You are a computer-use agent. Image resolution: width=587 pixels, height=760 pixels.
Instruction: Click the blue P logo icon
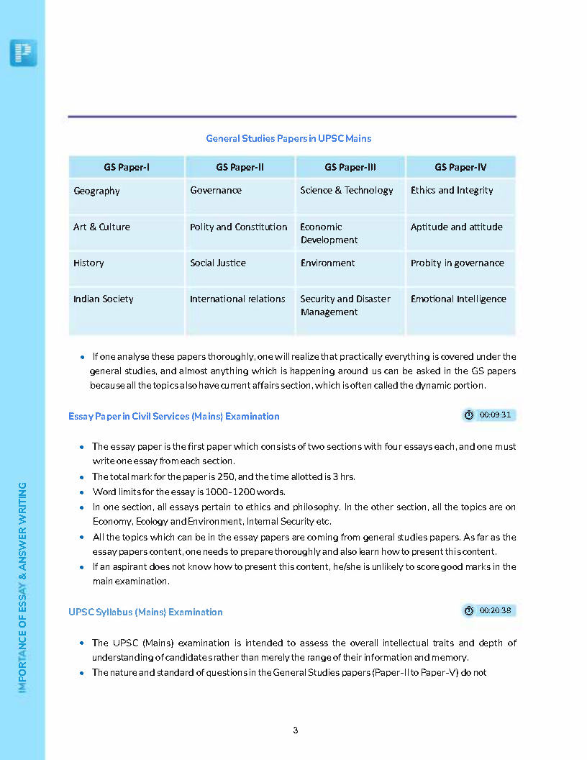coord(23,53)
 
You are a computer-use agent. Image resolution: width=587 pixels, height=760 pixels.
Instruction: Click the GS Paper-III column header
coord(350,168)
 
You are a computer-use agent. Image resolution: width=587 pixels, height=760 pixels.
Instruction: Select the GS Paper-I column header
coord(127,168)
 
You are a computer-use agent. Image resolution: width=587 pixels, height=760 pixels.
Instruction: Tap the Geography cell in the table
coord(96,191)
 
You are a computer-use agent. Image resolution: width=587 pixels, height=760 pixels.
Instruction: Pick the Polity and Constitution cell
coord(238,227)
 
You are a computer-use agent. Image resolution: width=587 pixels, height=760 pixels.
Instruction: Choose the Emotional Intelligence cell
coord(458,299)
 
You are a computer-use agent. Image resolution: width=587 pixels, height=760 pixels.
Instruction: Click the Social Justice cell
coord(218,263)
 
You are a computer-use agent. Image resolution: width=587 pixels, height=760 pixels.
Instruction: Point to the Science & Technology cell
coord(347,191)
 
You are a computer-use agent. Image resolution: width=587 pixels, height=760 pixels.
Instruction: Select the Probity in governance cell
coord(457,263)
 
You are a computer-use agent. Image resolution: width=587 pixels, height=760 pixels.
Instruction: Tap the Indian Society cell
coord(104,299)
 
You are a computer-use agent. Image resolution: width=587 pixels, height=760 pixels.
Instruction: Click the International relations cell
coord(237,299)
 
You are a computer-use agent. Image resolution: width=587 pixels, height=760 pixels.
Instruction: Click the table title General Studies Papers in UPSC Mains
coord(288,138)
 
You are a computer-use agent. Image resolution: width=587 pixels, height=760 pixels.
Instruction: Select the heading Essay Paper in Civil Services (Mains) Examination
coord(174,416)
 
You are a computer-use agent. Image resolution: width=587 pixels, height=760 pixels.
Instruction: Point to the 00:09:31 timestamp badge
coord(488,415)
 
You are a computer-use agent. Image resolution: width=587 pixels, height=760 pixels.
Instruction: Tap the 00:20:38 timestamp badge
coord(488,610)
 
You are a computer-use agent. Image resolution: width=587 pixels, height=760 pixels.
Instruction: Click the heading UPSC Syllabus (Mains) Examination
coord(145,612)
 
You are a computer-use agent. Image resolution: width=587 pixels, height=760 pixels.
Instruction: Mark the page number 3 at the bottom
coord(295,730)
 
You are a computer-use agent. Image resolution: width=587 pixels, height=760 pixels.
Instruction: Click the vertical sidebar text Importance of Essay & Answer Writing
coord(23,587)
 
